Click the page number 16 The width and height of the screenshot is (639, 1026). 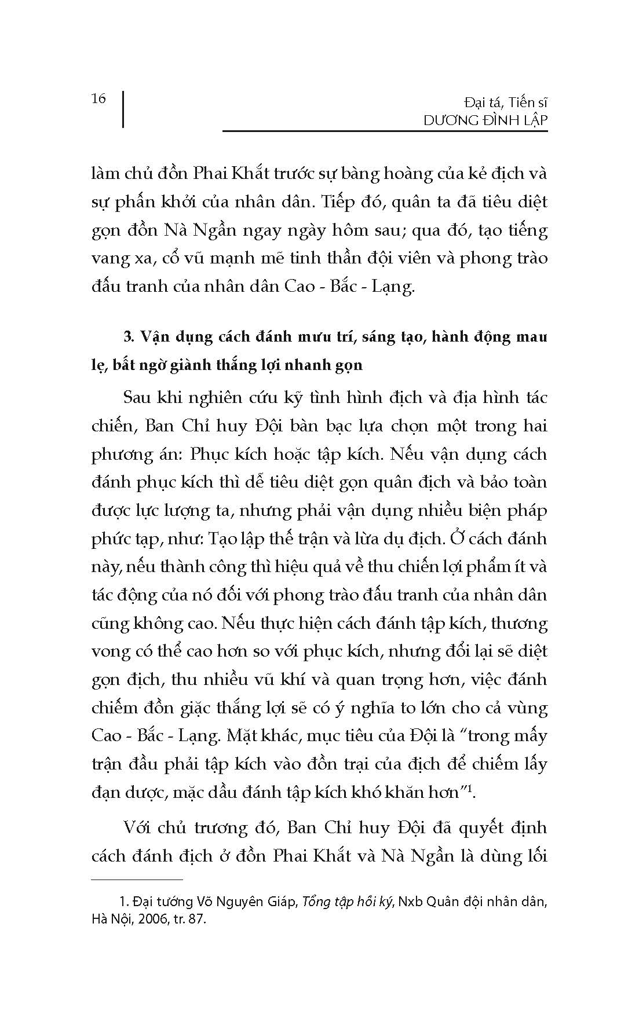[98, 98]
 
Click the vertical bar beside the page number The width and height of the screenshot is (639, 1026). [123, 108]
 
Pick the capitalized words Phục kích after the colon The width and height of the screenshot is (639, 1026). [239, 454]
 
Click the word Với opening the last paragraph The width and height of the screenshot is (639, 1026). [138, 827]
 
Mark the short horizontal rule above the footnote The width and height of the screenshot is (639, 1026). [137, 880]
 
